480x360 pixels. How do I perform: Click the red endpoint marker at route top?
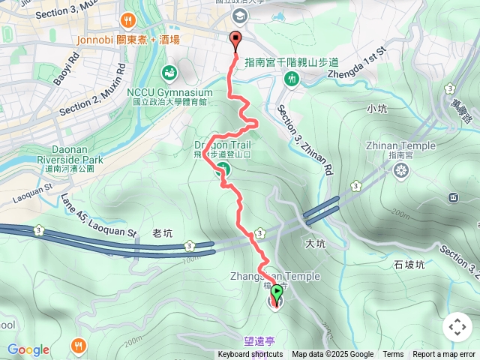(x=237, y=42)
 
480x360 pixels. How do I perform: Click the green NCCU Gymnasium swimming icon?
(x=169, y=73)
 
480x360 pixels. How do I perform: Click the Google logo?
(x=28, y=349)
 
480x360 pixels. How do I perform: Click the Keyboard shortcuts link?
(x=250, y=355)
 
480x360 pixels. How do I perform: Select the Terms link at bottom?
(x=393, y=355)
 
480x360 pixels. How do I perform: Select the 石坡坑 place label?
(x=409, y=265)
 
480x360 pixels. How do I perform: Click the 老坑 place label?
(x=162, y=233)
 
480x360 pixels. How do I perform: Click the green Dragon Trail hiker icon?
(x=223, y=171)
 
